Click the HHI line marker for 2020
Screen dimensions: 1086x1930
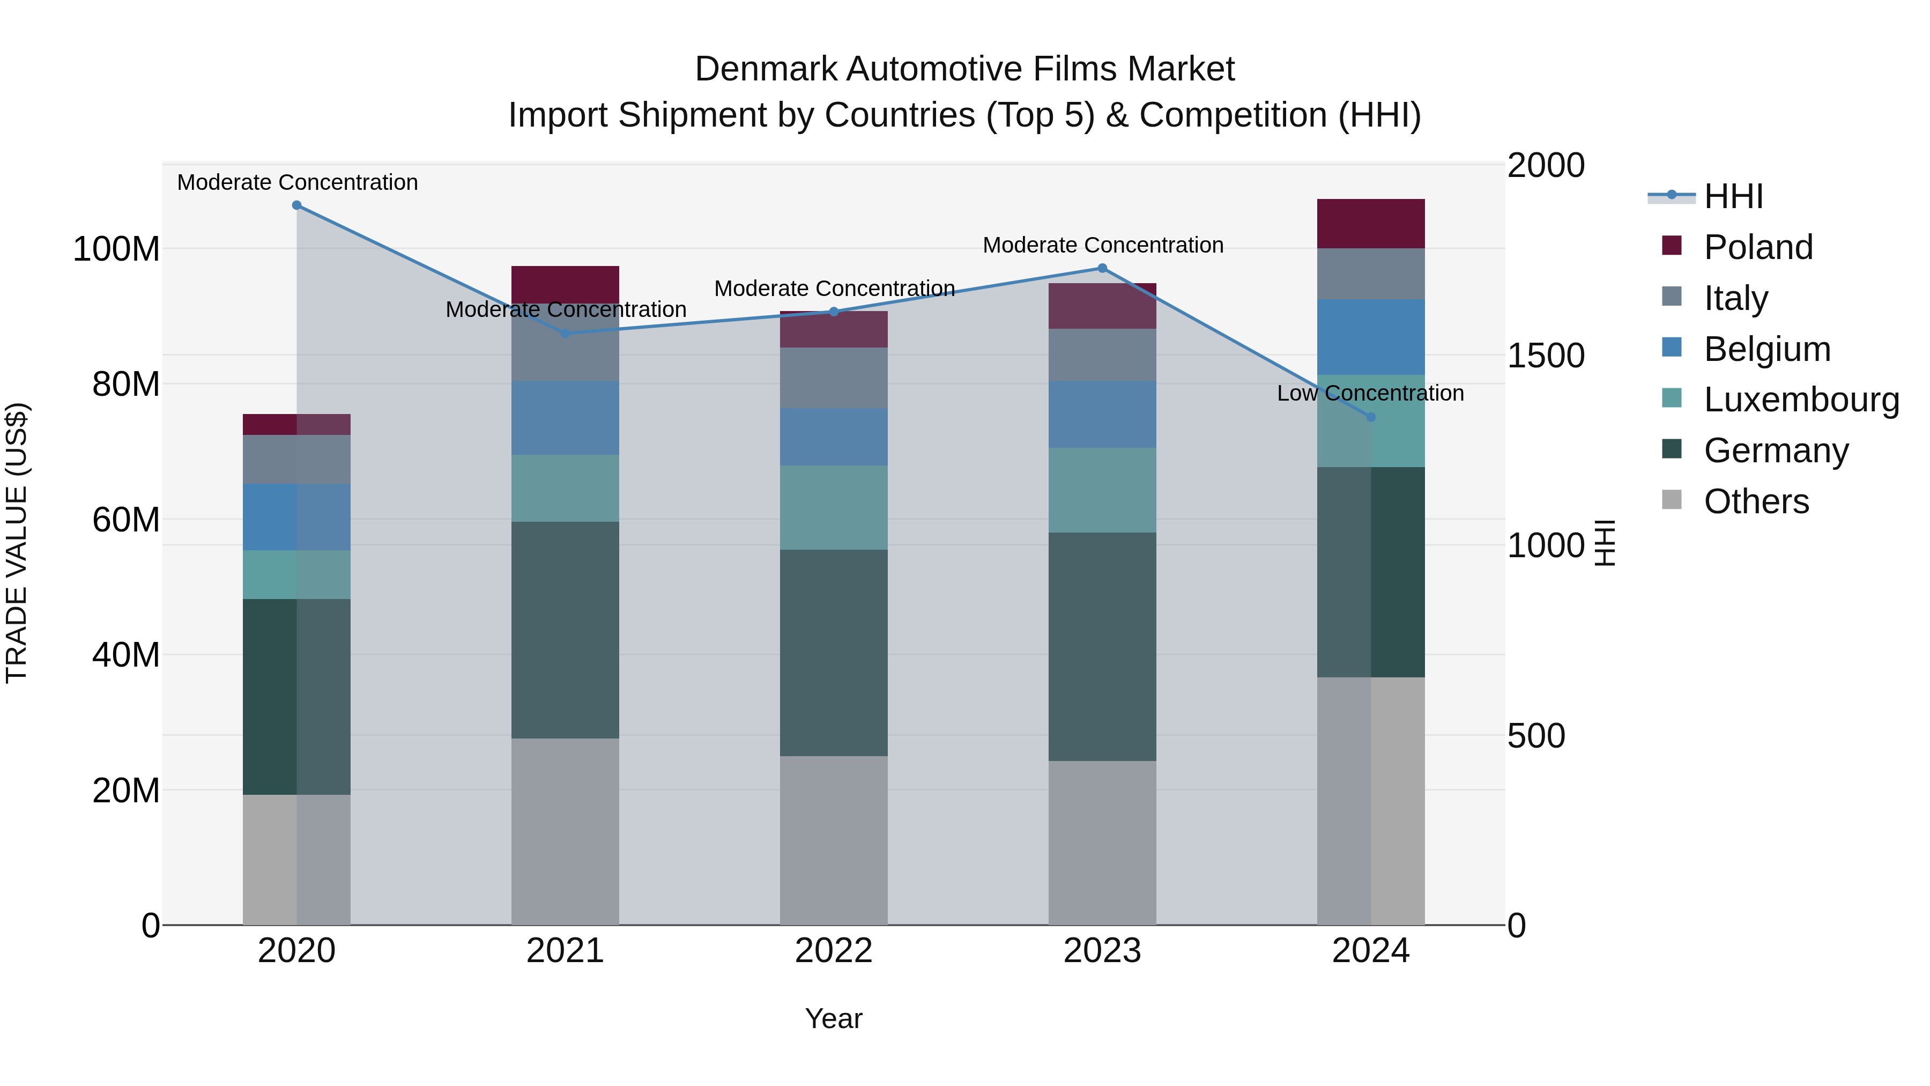point(296,205)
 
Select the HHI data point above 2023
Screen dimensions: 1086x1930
point(1102,268)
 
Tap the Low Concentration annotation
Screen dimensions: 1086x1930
point(1370,394)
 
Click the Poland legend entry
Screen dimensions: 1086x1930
point(1758,247)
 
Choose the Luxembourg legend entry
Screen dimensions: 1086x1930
point(1801,400)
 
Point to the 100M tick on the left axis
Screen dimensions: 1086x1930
point(116,249)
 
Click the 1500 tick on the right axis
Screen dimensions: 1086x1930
point(1546,356)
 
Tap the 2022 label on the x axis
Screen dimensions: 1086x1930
point(833,951)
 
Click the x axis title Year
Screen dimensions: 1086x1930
point(833,1018)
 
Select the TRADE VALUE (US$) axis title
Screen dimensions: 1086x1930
point(17,543)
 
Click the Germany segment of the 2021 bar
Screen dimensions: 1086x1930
point(565,630)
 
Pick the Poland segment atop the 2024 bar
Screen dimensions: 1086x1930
point(1370,223)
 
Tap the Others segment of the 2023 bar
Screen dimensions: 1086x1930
point(1102,843)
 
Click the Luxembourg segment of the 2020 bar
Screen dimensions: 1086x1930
point(296,575)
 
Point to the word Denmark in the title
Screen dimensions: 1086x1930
point(765,69)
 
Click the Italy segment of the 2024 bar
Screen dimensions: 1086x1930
point(1370,274)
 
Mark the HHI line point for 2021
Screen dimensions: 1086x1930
point(566,334)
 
